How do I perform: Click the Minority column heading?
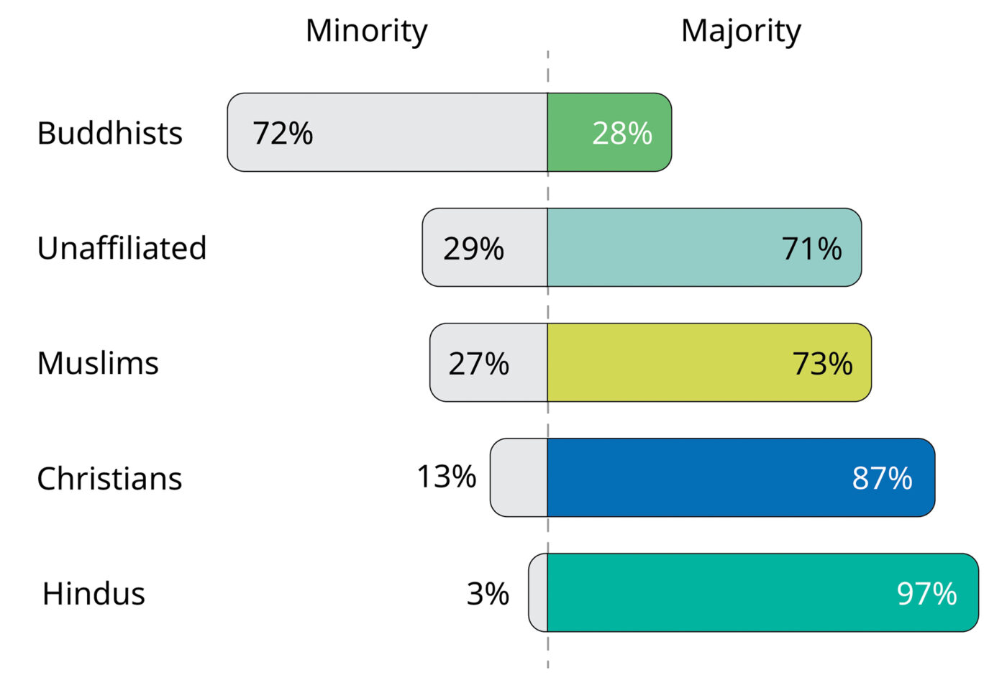(x=366, y=31)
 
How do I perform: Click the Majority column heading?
(x=740, y=31)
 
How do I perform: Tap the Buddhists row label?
(x=109, y=133)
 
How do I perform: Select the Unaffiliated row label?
(x=122, y=248)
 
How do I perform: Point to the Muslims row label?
(x=98, y=363)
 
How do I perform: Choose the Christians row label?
(x=109, y=478)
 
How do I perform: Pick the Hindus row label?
(x=94, y=593)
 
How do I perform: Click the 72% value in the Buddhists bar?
(x=282, y=133)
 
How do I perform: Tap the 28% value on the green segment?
(x=621, y=133)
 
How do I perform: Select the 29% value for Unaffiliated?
(x=473, y=249)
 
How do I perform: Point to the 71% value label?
(x=811, y=249)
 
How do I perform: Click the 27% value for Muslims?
(x=478, y=364)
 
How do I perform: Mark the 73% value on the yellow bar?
(x=822, y=364)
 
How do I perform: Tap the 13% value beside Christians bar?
(x=446, y=477)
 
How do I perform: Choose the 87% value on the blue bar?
(x=882, y=478)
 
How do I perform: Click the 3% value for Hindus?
(x=488, y=594)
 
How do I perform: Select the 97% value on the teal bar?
(x=926, y=594)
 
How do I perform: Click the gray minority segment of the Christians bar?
(x=519, y=477)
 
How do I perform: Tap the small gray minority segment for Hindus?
(x=538, y=592)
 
